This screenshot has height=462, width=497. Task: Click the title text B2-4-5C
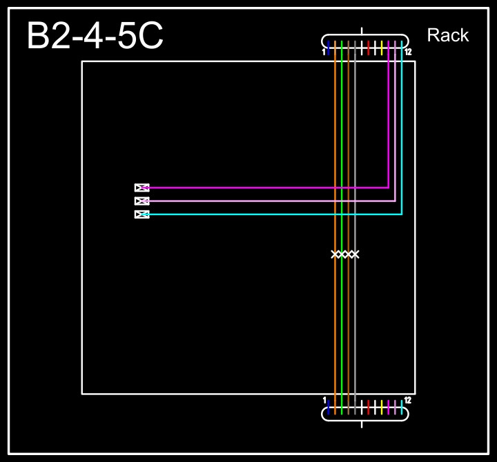click(95, 36)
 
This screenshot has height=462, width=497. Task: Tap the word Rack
click(448, 35)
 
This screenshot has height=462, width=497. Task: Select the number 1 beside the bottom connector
click(324, 400)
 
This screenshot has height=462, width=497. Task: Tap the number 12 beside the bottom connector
click(408, 400)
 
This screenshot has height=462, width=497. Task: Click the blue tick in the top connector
click(329, 48)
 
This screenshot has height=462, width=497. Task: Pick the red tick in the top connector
click(369, 48)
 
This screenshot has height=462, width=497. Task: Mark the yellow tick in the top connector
click(382, 48)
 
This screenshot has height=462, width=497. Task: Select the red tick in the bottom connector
click(369, 405)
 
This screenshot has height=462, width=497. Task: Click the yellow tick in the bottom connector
click(382, 405)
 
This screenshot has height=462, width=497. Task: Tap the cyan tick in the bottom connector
click(402, 405)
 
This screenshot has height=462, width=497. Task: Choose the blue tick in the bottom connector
click(329, 405)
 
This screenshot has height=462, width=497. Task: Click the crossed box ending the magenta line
click(142, 188)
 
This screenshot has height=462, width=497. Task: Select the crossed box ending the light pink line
click(142, 201)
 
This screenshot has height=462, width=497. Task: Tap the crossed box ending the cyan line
click(142, 214)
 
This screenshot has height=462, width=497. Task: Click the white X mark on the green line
click(342, 254)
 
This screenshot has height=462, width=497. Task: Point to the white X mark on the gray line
click(355, 254)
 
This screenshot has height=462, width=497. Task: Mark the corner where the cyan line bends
click(402, 214)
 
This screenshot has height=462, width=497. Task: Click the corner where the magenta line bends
click(389, 188)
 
